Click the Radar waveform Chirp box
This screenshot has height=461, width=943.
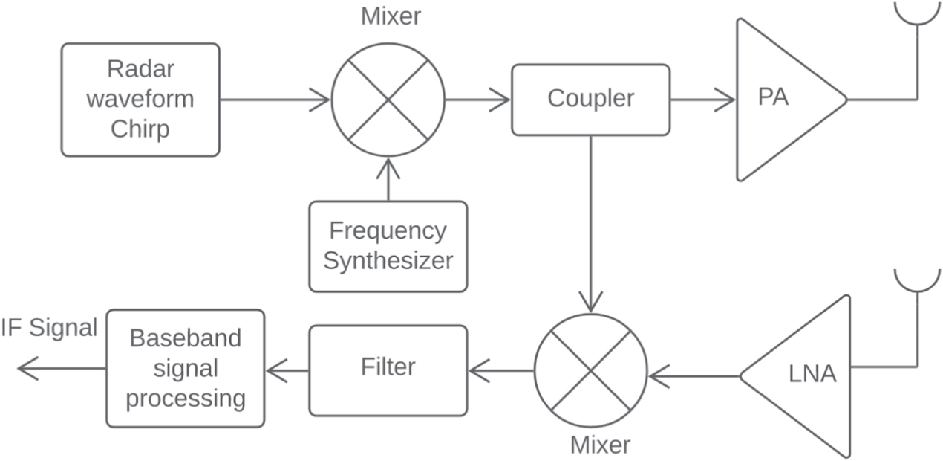click(x=140, y=100)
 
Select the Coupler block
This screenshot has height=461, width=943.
click(x=590, y=100)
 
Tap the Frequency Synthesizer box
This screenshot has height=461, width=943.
click(x=388, y=246)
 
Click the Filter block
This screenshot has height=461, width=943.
click(x=388, y=370)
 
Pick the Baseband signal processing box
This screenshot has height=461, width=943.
click(x=185, y=369)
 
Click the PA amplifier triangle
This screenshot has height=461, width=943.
click(x=780, y=100)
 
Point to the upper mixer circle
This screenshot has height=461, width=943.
click(x=388, y=100)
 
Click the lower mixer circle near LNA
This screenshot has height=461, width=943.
click(x=590, y=370)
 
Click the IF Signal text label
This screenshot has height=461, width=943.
click(x=49, y=328)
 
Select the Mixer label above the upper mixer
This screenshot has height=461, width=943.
click(x=391, y=16)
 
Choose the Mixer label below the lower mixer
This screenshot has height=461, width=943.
click(x=600, y=445)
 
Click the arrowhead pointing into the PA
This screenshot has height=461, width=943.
click(x=725, y=100)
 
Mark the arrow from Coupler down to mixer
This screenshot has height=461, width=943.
click(x=590, y=223)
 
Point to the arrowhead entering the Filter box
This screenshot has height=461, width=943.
click(x=479, y=370)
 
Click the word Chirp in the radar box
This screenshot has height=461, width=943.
click(x=140, y=129)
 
